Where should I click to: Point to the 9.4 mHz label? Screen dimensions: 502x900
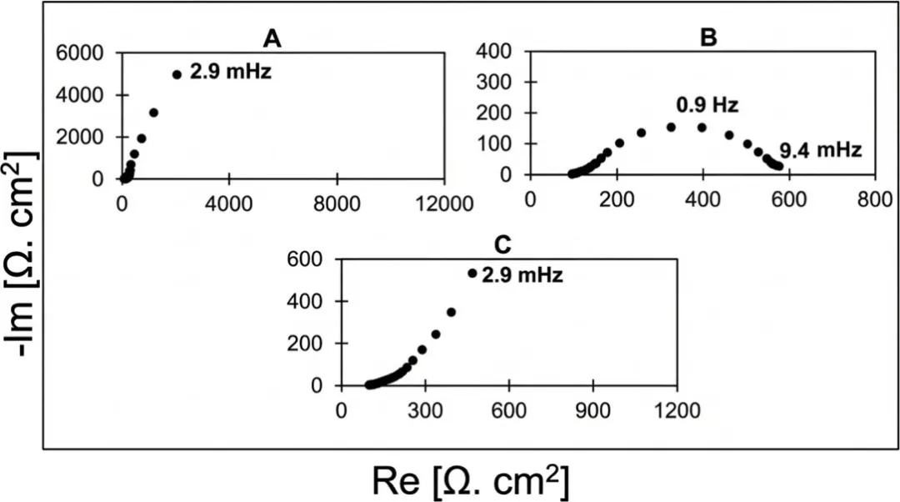(x=821, y=151)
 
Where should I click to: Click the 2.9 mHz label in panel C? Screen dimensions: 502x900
(x=522, y=274)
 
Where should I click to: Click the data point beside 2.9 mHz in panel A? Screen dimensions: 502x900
(x=177, y=74)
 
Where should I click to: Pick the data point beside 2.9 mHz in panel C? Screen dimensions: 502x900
(x=472, y=273)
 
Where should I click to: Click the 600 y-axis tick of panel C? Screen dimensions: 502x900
(x=306, y=259)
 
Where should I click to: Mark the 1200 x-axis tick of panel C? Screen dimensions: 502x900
(x=676, y=410)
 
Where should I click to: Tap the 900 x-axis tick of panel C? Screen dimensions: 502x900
(x=592, y=410)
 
